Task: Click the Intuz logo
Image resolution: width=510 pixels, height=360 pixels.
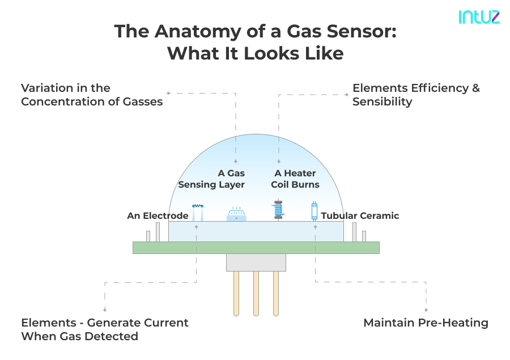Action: click(x=479, y=17)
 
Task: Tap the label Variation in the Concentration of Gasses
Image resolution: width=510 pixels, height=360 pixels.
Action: click(x=92, y=95)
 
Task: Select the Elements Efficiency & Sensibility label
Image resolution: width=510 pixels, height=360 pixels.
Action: click(x=415, y=95)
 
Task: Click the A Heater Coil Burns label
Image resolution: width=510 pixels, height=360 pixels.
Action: click(x=295, y=179)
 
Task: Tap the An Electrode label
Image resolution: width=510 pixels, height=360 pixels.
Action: click(x=158, y=215)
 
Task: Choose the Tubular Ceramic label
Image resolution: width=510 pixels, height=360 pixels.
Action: click(x=360, y=215)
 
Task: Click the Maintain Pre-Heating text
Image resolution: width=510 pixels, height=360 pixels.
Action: click(x=426, y=323)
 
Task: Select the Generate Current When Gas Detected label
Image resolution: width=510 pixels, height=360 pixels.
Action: click(x=105, y=329)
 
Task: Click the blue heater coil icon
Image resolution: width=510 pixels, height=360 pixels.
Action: click(x=278, y=209)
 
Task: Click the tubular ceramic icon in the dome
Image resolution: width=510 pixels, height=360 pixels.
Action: click(x=314, y=211)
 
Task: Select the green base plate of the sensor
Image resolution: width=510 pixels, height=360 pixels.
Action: click(x=256, y=248)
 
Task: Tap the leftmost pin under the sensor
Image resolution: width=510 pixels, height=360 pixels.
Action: click(x=236, y=293)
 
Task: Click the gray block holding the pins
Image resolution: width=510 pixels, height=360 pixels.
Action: click(x=256, y=262)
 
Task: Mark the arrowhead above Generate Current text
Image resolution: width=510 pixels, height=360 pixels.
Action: click(x=104, y=310)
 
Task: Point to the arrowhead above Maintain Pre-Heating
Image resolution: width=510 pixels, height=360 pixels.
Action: click(x=426, y=310)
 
